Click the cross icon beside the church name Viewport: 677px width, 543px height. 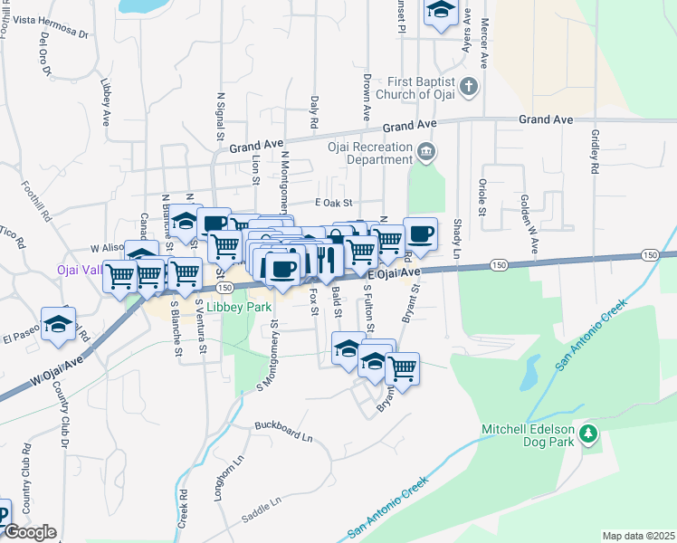pos(468,87)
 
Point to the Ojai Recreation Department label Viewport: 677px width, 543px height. pos(369,153)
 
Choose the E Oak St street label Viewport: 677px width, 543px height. pos(332,204)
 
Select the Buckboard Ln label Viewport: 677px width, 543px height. pos(282,431)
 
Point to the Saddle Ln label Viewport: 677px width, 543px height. pos(262,511)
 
